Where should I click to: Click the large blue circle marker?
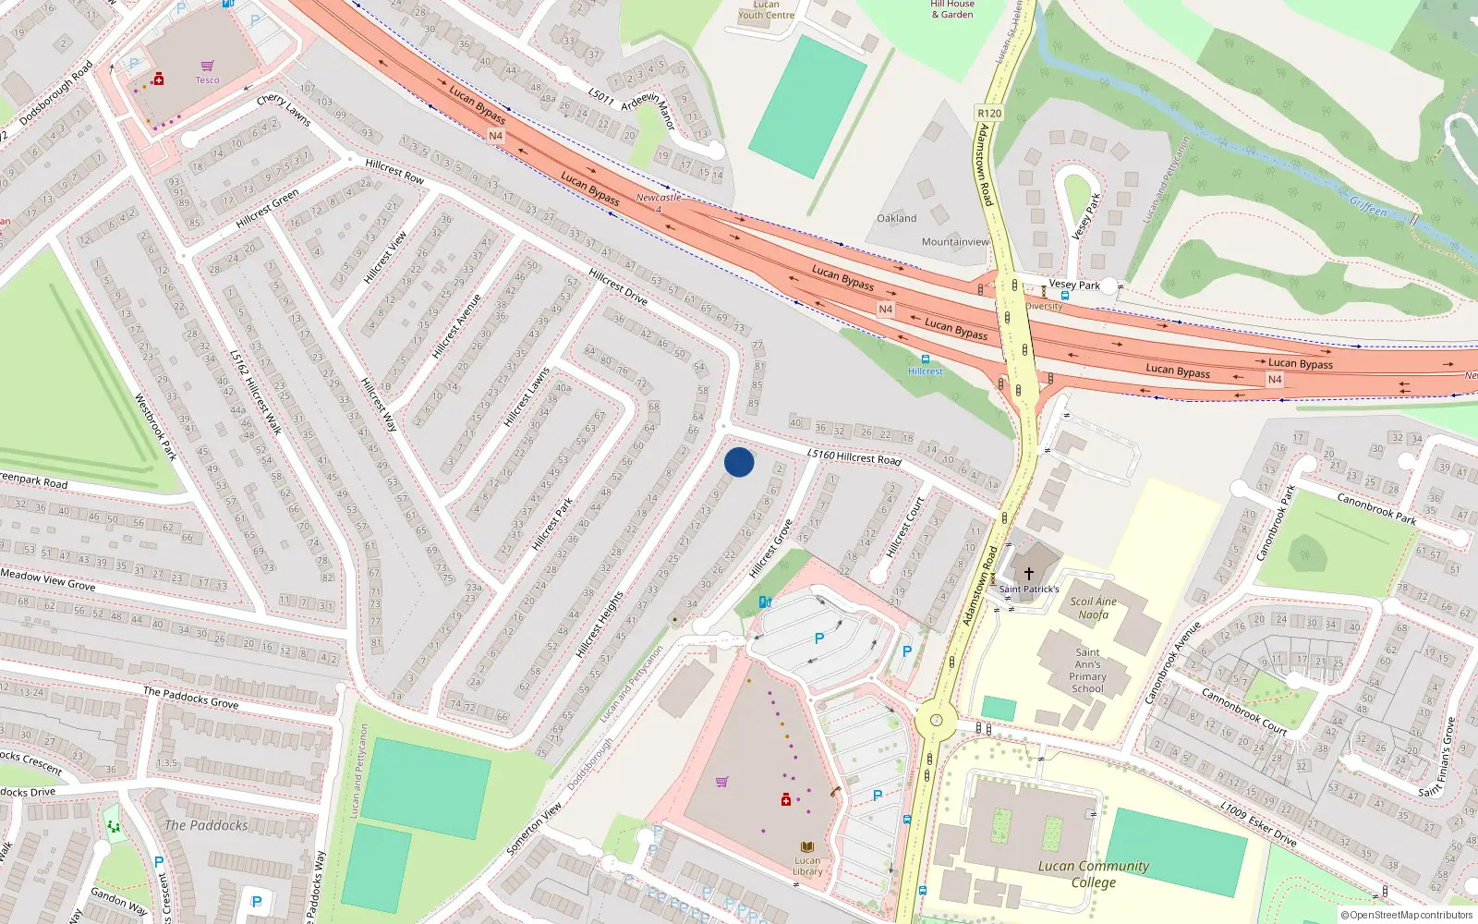pyautogui.click(x=739, y=462)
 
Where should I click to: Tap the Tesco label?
pyautogui.click(x=207, y=80)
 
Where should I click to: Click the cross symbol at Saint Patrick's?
pyautogui.click(x=1028, y=574)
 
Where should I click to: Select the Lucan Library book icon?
pyautogui.click(x=807, y=846)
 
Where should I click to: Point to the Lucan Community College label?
pyautogui.click(x=1094, y=873)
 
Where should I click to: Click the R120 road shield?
pyautogui.click(x=988, y=113)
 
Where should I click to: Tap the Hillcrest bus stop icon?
pyautogui.click(x=925, y=359)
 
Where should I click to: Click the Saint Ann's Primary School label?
pyautogui.click(x=1087, y=670)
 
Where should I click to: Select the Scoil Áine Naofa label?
pyautogui.click(x=1093, y=607)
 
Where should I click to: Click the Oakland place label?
pyautogui.click(x=896, y=219)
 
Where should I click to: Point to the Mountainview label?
pyautogui.click(x=955, y=242)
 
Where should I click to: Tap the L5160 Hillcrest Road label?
pyautogui.click(x=854, y=456)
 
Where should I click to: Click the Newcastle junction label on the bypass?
pyautogui.click(x=658, y=198)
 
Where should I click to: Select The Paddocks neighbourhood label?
pyautogui.click(x=206, y=825)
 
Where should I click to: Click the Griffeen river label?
pyautogui.click(x=1368, y=207)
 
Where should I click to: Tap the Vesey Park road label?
pyautogui.click(x=1074, y=285)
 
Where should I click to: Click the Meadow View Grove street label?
pyautogui.click(x=48, y=580)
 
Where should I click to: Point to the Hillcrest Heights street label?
pyautogui.click(x=600, y=625)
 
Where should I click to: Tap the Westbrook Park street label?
pyautogui.click(x=155, y=427)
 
